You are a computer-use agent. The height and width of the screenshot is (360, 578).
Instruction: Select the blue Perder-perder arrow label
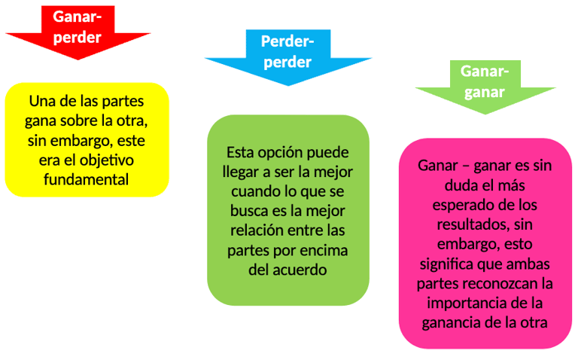pos(286,51)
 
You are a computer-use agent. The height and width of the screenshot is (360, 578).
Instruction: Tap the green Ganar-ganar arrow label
pos(484,81)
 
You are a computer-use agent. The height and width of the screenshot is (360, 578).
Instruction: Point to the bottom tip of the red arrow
pos(78,66)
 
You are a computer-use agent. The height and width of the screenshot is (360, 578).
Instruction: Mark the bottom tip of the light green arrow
pos(485,114)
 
